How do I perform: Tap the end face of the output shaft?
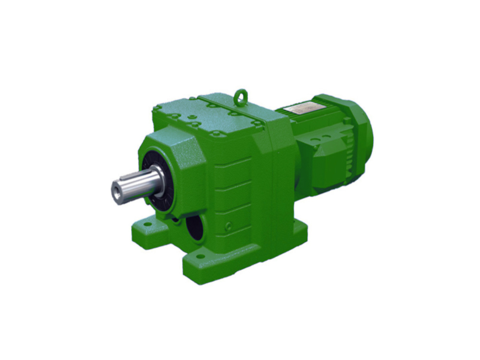pyautogui.click(x=116, y=191)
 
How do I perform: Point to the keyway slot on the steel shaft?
pyautogui.click(x=134, y=178)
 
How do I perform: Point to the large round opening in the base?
pyautogui.click(x=193, y=227)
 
